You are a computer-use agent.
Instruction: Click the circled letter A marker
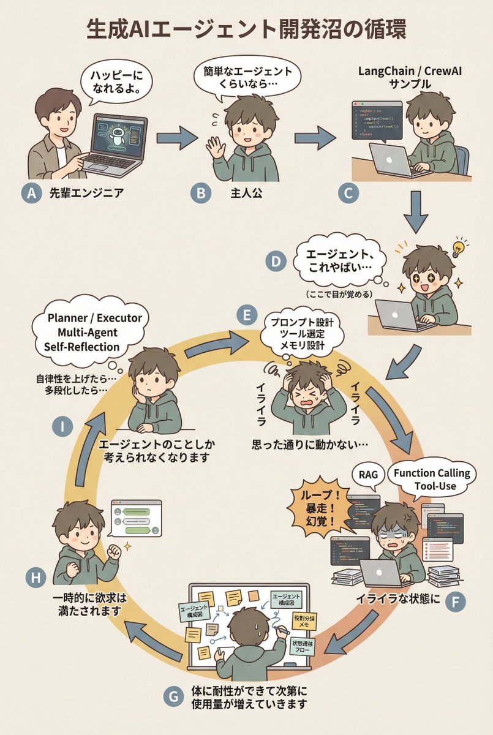(x=30, y=194)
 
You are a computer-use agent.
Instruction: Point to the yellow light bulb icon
(x=457, y=248)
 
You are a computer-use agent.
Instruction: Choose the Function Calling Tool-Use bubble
(x=432, y=480)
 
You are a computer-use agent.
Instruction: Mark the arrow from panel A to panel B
(x=176, y=139)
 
